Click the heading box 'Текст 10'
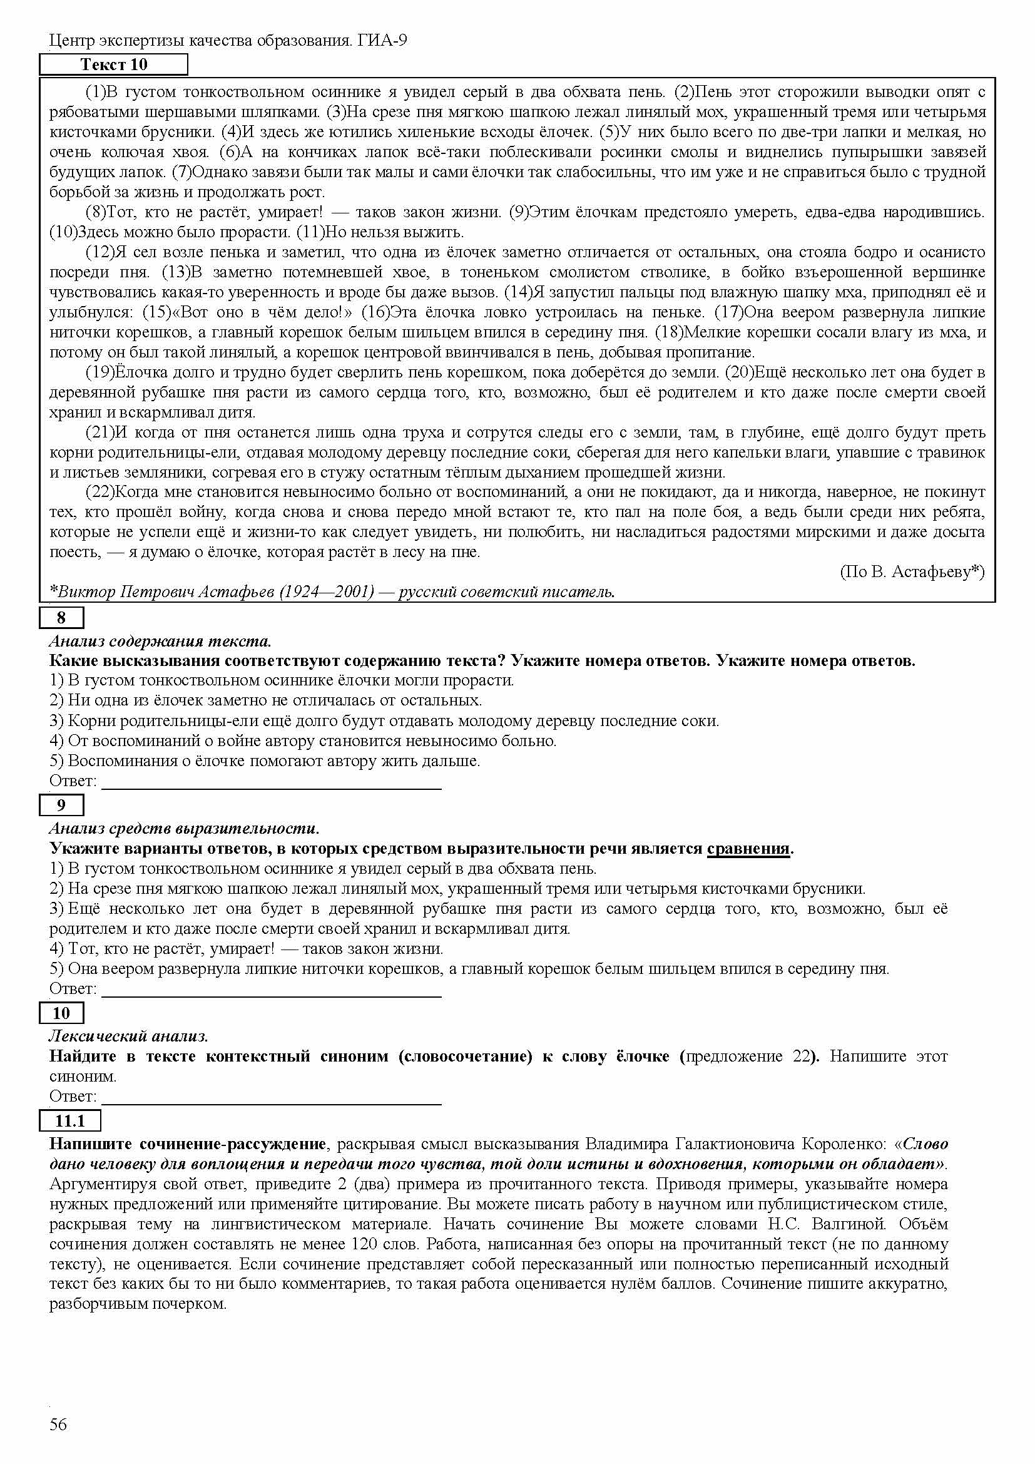113,64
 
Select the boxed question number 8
61,617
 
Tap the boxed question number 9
61,806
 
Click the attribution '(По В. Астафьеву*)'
912,572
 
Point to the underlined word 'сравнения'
748,849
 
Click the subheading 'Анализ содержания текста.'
160,641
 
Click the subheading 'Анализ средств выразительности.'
184,829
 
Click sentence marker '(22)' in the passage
99,492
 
